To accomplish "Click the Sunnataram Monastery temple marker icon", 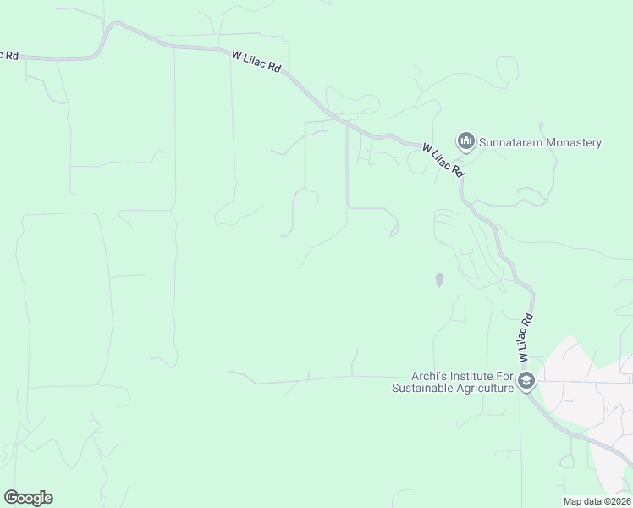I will click(x=465, y=141).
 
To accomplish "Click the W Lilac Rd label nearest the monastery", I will click(x=444, y=160).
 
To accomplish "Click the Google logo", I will click(x=28, y=498).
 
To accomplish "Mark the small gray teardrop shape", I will click(x=438, y=279).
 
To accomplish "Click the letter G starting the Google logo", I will click(x=11, y=498).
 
